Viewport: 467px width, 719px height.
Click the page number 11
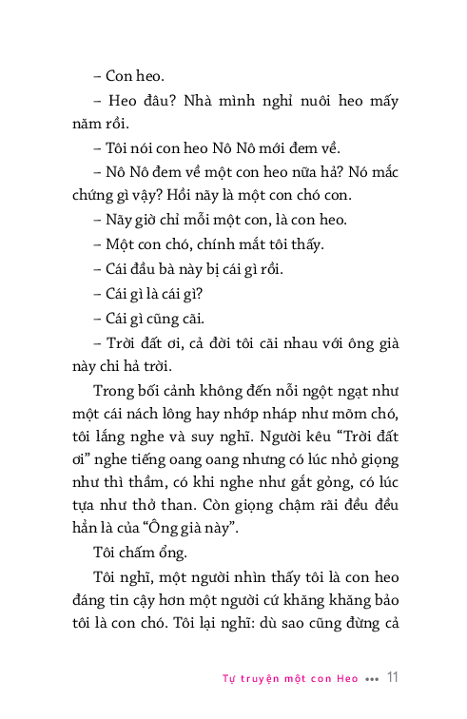coord(393,678)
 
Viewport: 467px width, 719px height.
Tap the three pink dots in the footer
coord(371,680)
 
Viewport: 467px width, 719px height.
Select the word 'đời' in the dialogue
coord(214,342)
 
